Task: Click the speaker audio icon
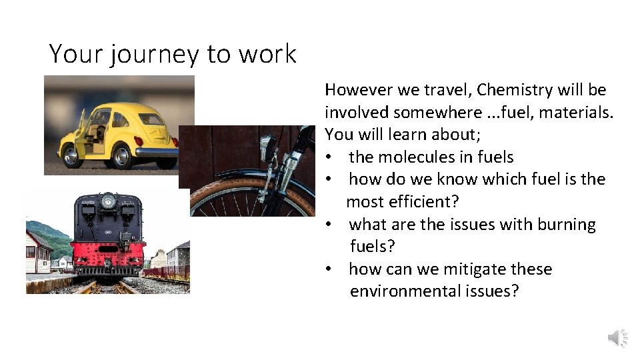(617, 339)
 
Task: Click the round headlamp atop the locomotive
(107, 200)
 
